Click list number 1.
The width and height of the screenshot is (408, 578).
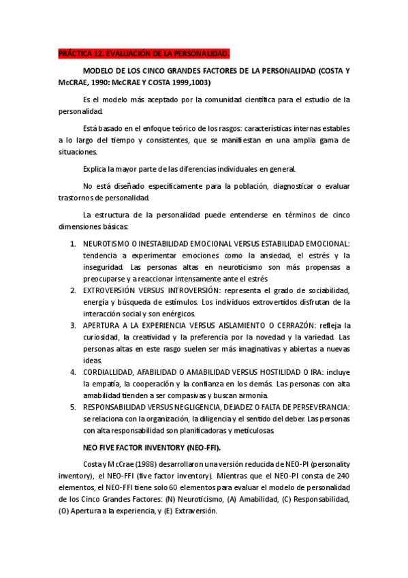[73, 244]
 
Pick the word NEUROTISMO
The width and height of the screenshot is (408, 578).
[107, 244]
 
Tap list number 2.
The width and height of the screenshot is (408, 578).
[73, 290]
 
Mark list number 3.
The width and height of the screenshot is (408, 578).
[73, 325]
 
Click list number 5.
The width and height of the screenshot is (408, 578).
[73, 407]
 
